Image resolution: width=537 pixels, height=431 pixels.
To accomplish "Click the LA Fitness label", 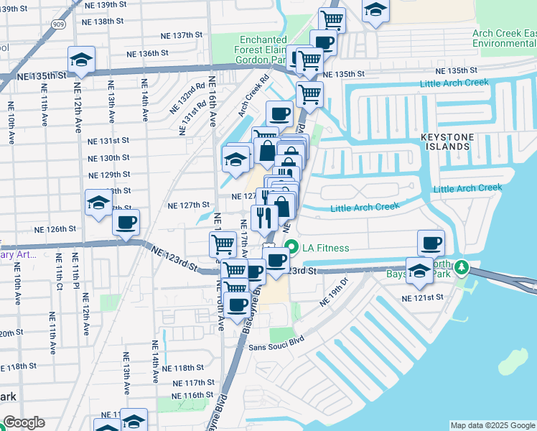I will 326,249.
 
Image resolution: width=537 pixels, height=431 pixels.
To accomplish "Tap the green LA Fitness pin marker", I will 291,249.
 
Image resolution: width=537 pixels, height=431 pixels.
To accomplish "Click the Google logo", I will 24,422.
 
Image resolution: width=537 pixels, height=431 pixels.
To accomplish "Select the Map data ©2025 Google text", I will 492,425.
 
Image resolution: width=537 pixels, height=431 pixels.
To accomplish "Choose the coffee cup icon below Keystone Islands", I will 431,243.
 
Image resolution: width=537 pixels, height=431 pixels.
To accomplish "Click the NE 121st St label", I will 424,297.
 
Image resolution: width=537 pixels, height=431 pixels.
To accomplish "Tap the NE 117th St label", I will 195,382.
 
